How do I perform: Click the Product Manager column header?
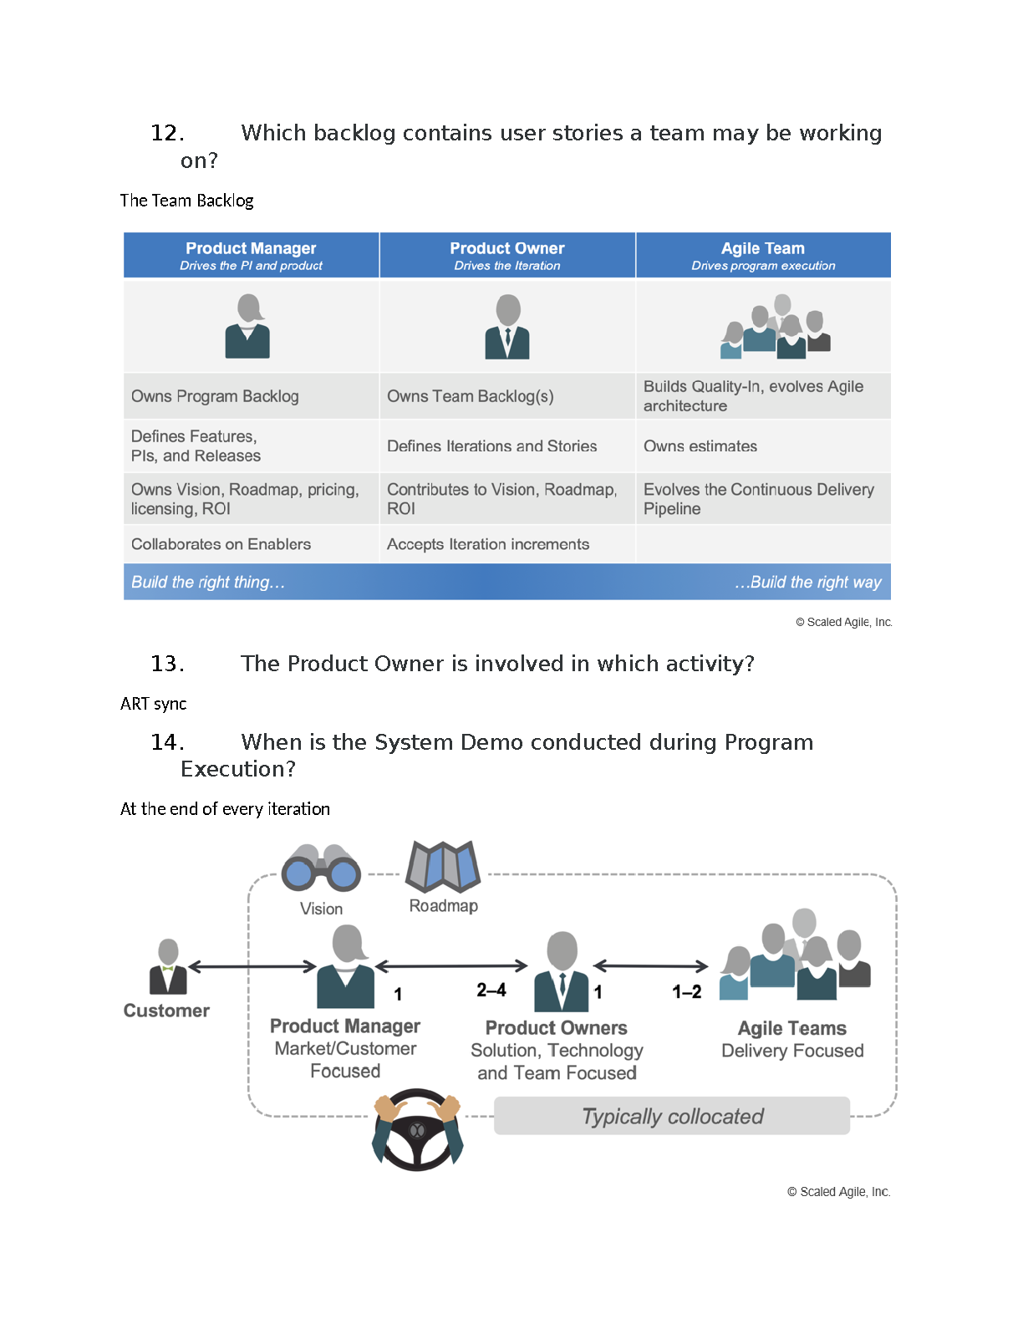[251, 255]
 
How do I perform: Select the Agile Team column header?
[763, 255]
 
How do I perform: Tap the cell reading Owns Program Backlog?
[251, 396]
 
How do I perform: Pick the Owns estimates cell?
[763, 446]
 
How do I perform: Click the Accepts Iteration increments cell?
[507, 544]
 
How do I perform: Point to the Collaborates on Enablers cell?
[251, 544]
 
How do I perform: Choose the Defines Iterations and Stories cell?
[507, 446]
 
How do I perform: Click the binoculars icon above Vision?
[321, 867]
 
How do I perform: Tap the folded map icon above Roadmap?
[443, 866]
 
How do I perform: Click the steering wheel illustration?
[417, 1129]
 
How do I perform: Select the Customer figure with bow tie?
[168, 967]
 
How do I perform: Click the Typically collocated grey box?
[671, 1116]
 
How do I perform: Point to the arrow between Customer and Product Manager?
[252, 966]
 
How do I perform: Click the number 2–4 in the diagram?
[491, 990]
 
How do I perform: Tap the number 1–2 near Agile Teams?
[687, 992]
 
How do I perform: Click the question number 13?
[167, 664]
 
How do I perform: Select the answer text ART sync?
[154, 704]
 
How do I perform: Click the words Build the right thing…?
[208, 582]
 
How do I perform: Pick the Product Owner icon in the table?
[507, 327]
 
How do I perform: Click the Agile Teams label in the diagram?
[792, 1028]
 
